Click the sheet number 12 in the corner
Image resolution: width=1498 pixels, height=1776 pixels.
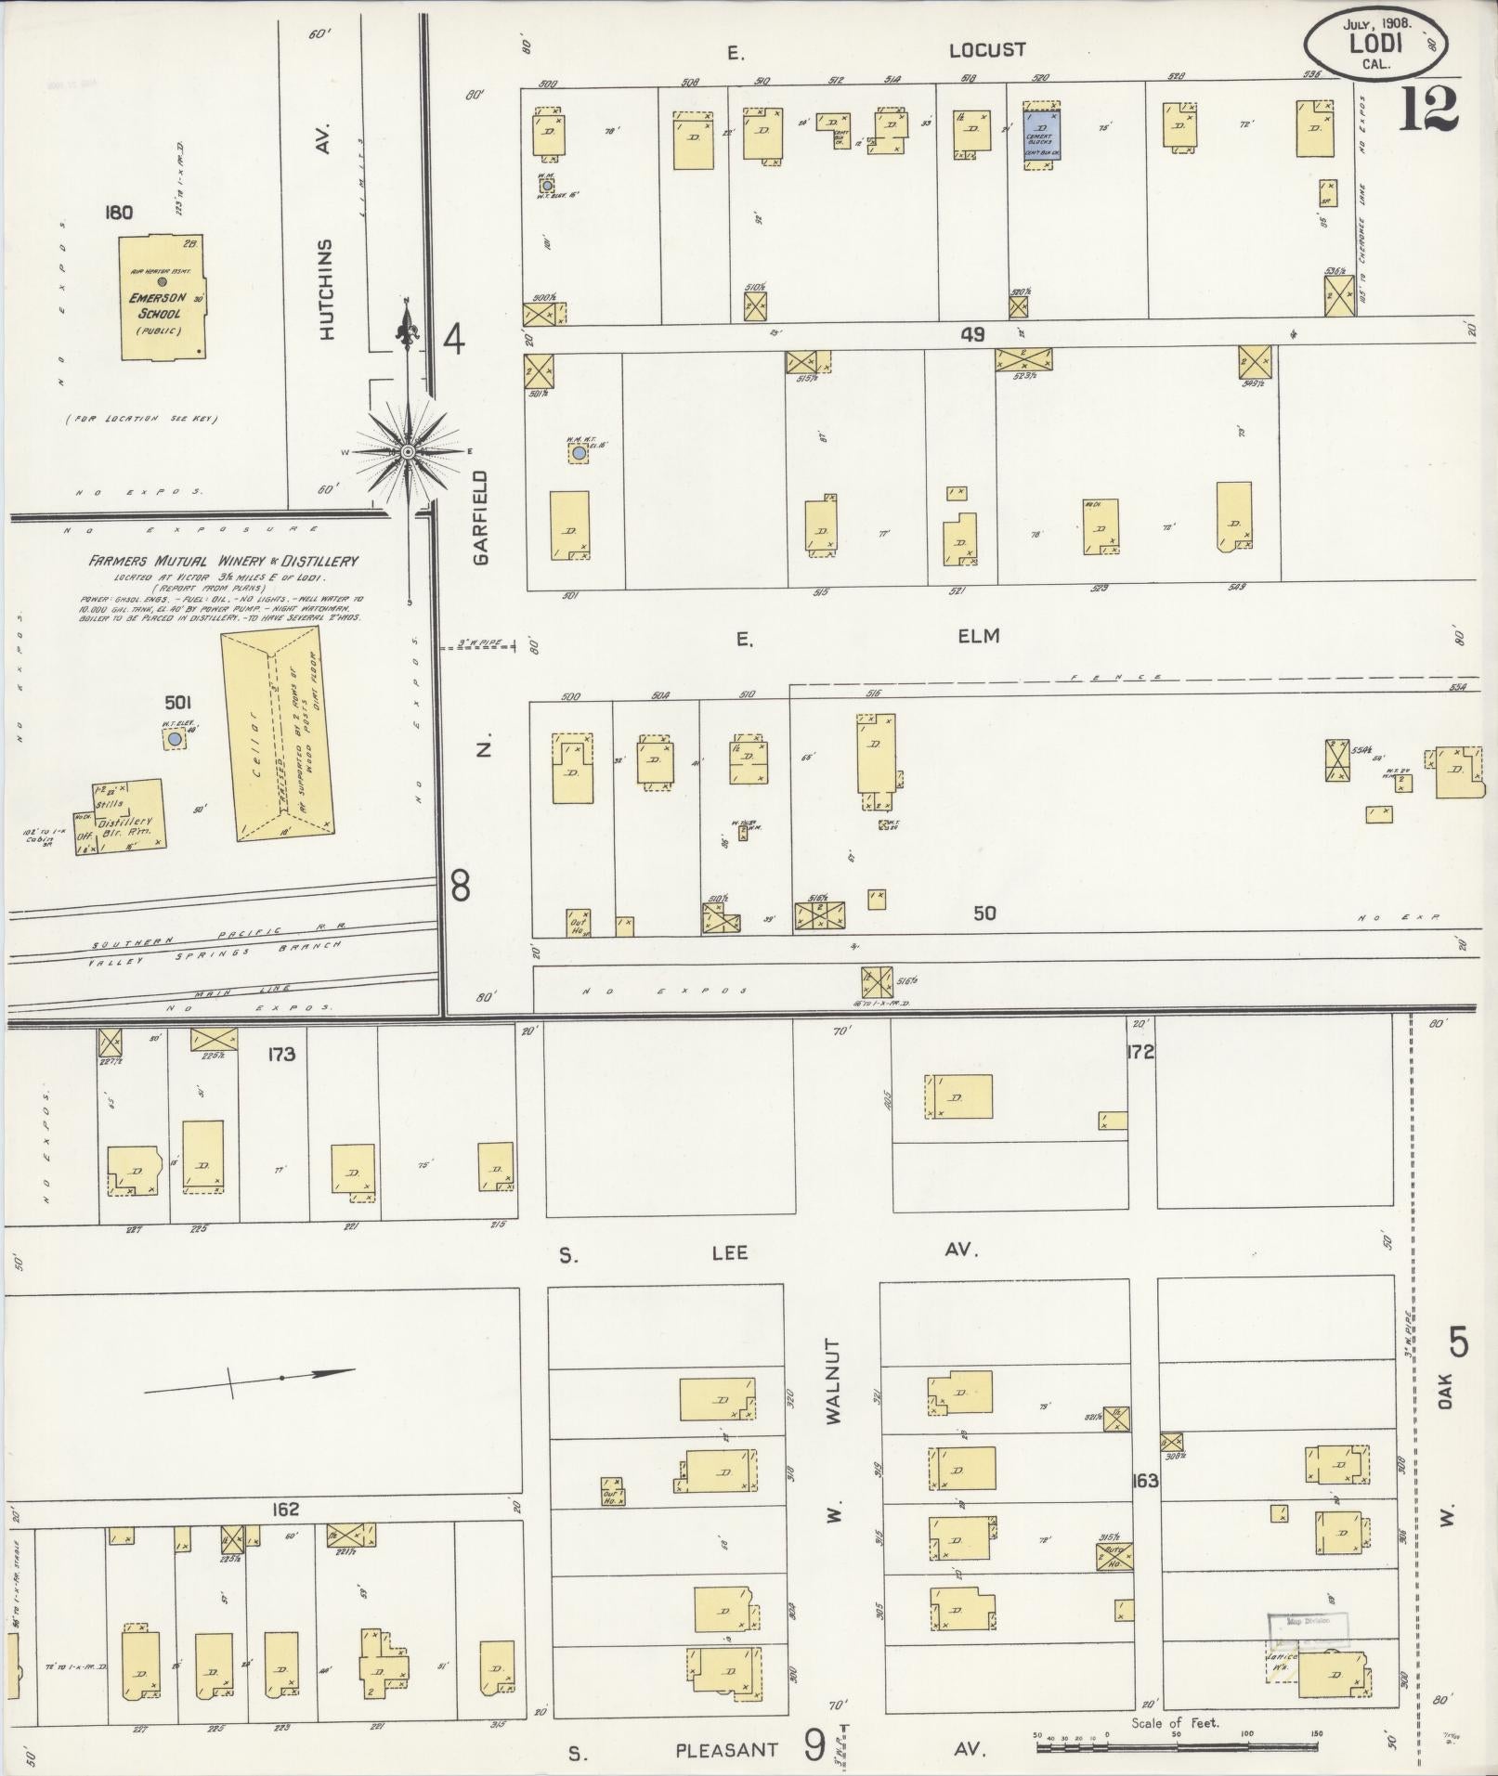click(1427, 110)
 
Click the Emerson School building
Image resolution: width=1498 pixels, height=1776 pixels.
click(161, 297)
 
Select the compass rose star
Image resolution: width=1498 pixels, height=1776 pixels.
click(407, 451)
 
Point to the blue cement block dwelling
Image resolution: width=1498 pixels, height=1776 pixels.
click(1043, 135)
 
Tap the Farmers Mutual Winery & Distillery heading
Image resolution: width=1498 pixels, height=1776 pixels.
click(223, 561)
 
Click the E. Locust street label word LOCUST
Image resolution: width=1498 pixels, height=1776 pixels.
click(986, 50)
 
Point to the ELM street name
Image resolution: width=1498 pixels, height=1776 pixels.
click(979, 636)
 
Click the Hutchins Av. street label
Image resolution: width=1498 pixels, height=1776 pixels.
click(326, 288)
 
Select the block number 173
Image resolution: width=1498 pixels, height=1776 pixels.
click(280, 1054)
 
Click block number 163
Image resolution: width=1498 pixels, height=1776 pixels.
click(1145, 1480)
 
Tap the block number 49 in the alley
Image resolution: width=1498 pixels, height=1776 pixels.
click(972, 334)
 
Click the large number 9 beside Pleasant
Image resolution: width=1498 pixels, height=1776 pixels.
click(814, 1747)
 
